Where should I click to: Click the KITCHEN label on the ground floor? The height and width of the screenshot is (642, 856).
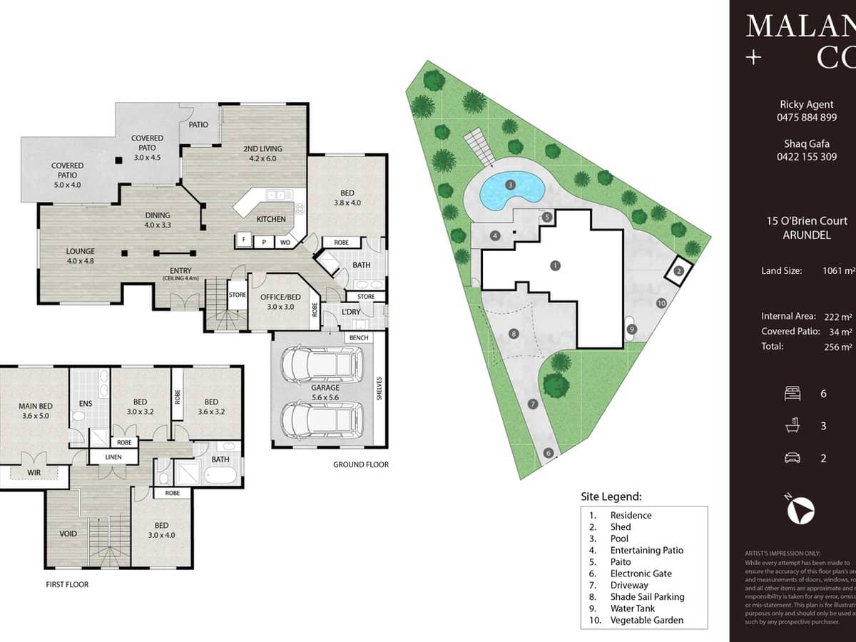[271, 219]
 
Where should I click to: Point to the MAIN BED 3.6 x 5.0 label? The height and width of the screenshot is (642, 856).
[36, 411]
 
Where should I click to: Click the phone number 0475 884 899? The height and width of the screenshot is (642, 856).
[807, 118]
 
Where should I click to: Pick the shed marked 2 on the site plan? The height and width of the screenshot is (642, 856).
[679, 270]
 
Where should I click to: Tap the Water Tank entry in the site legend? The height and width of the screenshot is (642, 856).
[632, 608]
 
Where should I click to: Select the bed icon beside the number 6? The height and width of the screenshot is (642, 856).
[791, 393]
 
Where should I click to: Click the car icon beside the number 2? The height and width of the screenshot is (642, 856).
[791, 458]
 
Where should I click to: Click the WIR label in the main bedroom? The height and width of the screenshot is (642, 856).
[33, 472]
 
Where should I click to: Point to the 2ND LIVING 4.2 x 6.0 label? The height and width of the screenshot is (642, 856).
[263, 153]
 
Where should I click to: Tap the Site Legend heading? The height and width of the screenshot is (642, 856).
[611, 496]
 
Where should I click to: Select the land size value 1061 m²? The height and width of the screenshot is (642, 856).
[839, 270]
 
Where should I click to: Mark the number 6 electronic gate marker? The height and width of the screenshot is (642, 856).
[548, 452]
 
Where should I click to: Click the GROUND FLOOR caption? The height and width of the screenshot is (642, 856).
[360, 464]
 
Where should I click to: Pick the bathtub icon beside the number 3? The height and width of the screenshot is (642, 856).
[791, 426]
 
